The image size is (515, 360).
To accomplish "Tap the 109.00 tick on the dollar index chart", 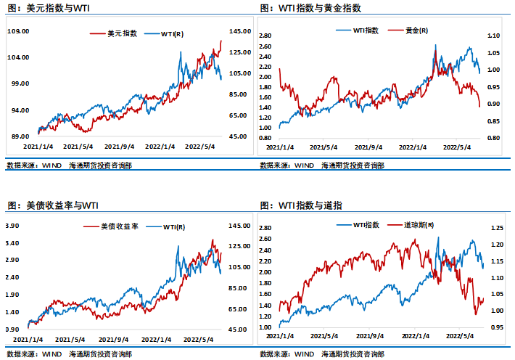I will tap(17, 31).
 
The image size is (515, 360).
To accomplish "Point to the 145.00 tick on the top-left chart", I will tap(239, 31).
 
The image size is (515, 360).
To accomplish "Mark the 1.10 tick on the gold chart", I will tap(494, 36).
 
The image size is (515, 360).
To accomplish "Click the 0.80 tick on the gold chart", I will tap(494, 138).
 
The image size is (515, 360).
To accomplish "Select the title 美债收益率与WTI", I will tap(52, 206).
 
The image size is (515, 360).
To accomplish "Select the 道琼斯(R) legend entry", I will tap(419, 226).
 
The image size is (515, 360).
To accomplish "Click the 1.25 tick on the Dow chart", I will tap(496, 228).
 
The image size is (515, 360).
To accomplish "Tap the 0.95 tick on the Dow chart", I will tap(496, 327).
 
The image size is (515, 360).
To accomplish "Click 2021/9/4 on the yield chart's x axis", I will tap(114, 339).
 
